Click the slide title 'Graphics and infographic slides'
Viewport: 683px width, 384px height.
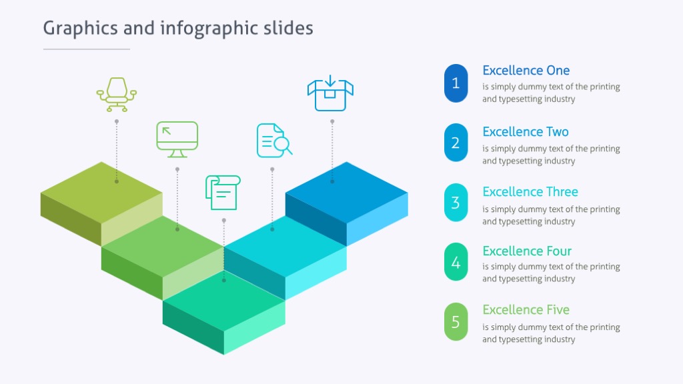178,28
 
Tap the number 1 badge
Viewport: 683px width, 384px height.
456,83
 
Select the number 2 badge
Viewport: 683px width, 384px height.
456,143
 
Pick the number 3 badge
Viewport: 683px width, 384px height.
456,203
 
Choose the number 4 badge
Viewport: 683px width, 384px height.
456,262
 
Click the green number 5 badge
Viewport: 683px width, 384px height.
456,322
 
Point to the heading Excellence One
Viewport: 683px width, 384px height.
526,71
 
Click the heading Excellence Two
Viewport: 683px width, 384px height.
525,132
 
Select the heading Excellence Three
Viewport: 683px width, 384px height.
530,192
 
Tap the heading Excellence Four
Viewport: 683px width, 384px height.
527,251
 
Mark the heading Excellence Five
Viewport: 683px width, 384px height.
526,310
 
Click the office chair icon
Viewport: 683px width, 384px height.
117,94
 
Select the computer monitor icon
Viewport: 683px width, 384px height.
177,139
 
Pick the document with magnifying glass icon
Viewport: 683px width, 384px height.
273,140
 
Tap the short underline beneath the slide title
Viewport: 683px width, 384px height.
87,49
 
